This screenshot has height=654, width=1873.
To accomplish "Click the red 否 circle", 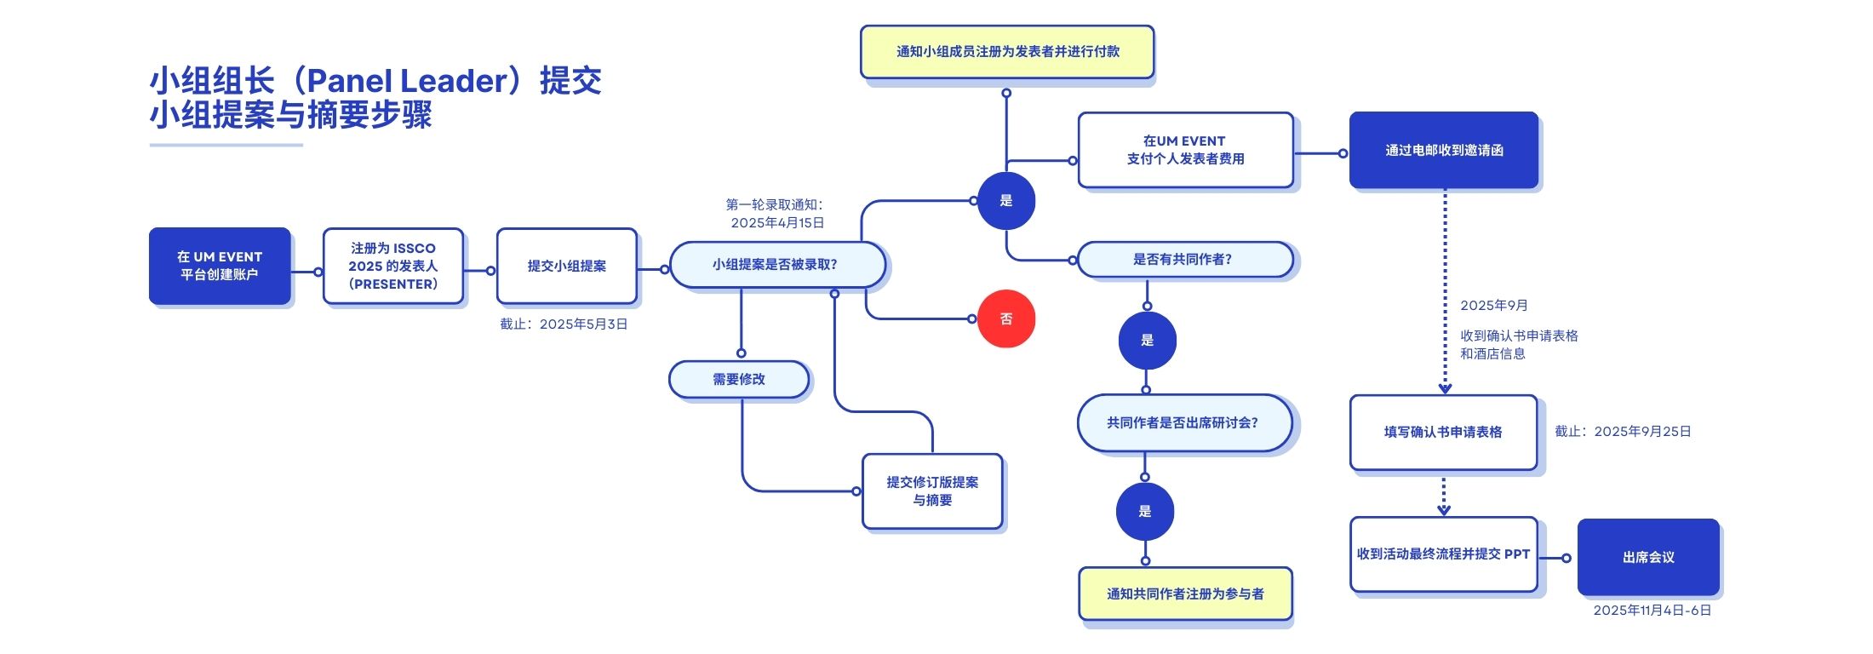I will point(1005,319).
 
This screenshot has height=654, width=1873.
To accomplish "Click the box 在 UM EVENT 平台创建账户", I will point(220,266).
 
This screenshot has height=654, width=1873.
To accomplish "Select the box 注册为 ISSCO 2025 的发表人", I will point(393,266).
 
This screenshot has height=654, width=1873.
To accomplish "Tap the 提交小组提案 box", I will point(567,266).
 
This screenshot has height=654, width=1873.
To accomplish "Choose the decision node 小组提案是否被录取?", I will point(776,265).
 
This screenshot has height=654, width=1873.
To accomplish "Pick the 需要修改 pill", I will point(739,380).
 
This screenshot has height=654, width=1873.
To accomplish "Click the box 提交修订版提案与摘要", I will point(932,491).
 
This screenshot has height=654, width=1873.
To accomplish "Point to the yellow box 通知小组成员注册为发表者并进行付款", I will point(1007,52).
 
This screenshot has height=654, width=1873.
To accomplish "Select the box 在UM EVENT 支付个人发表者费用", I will point(1185,150).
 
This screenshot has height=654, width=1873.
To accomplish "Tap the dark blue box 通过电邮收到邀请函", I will point(1444,151).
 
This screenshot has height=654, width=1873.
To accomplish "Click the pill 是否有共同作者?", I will point(1183,260).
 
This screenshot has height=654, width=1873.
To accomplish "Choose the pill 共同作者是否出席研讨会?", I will point(1183,423).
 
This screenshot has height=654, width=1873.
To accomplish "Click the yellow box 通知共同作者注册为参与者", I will point(1185,594).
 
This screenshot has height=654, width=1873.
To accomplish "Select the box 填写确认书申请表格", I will point(1443,433).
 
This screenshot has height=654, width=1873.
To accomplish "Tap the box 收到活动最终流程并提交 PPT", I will point(1443,554).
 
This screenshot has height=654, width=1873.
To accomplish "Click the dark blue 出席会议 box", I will point(1648,558).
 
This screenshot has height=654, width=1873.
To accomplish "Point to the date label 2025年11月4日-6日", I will point(1652,611).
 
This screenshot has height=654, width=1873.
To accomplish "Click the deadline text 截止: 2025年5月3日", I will point(564,324).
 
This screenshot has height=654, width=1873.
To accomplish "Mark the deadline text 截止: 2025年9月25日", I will point(1623,432).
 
